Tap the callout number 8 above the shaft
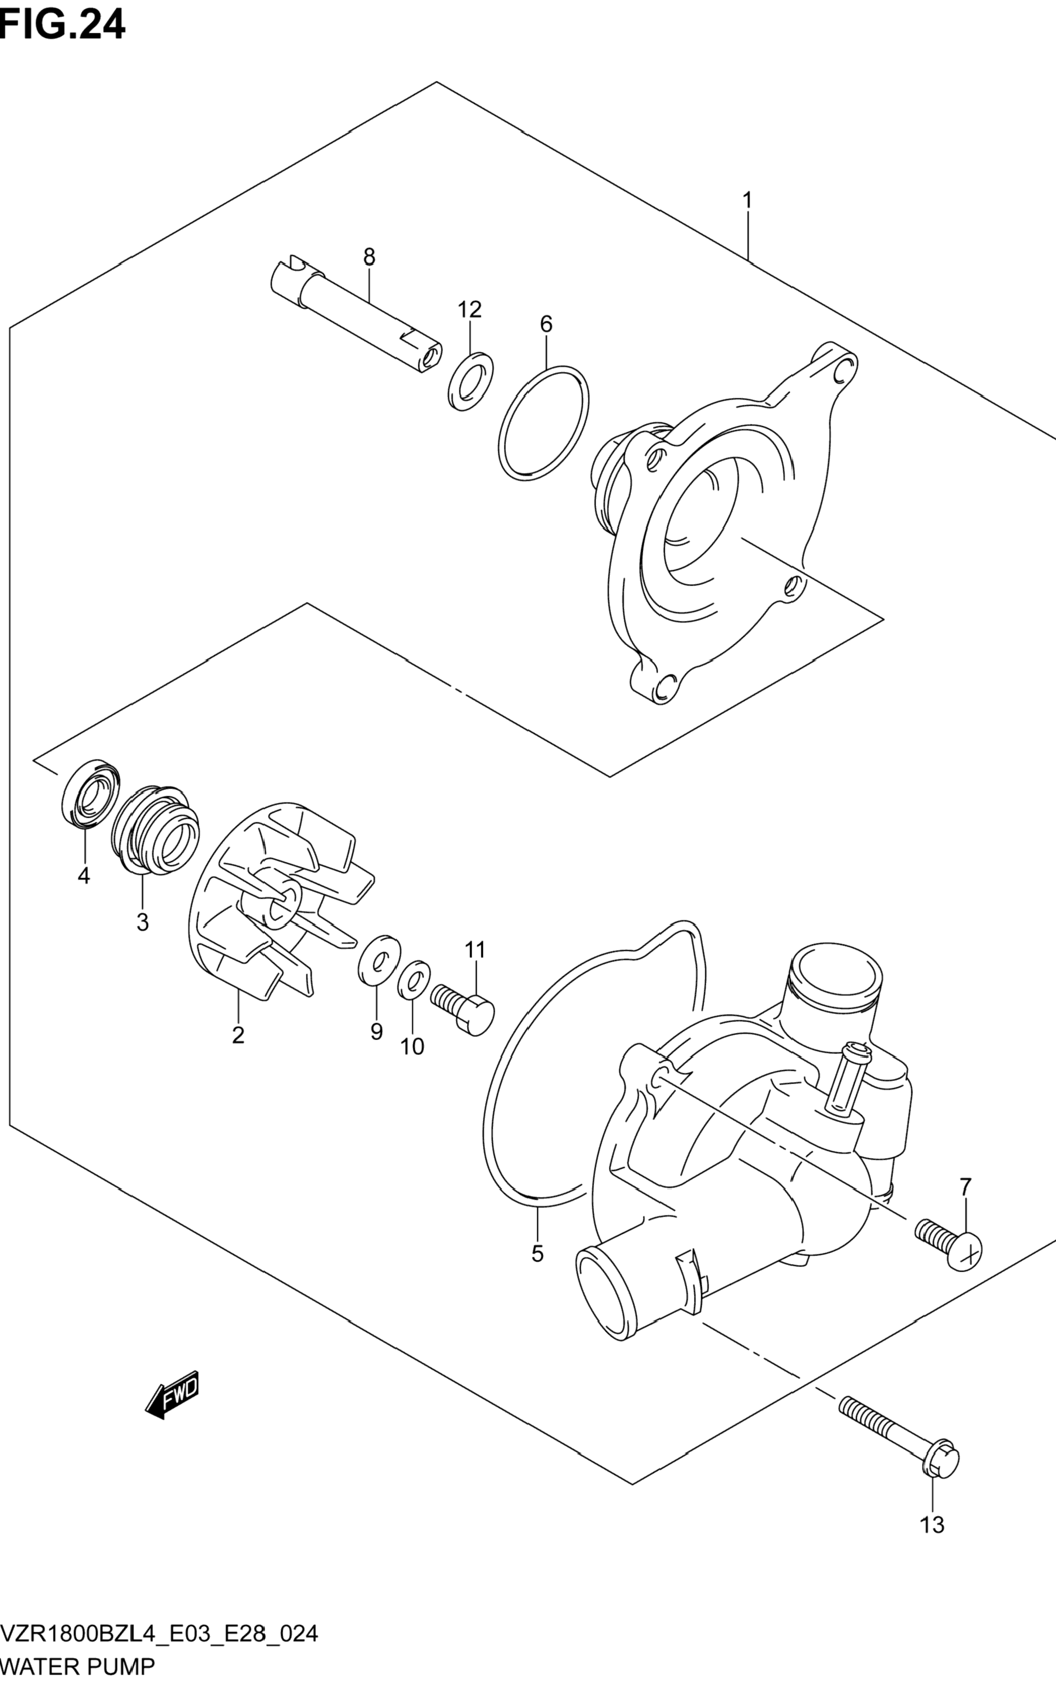[x=369, y=258]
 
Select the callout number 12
[x=470, y=309]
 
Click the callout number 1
[x=747, y=200]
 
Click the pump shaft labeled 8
[x=356, y=314]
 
